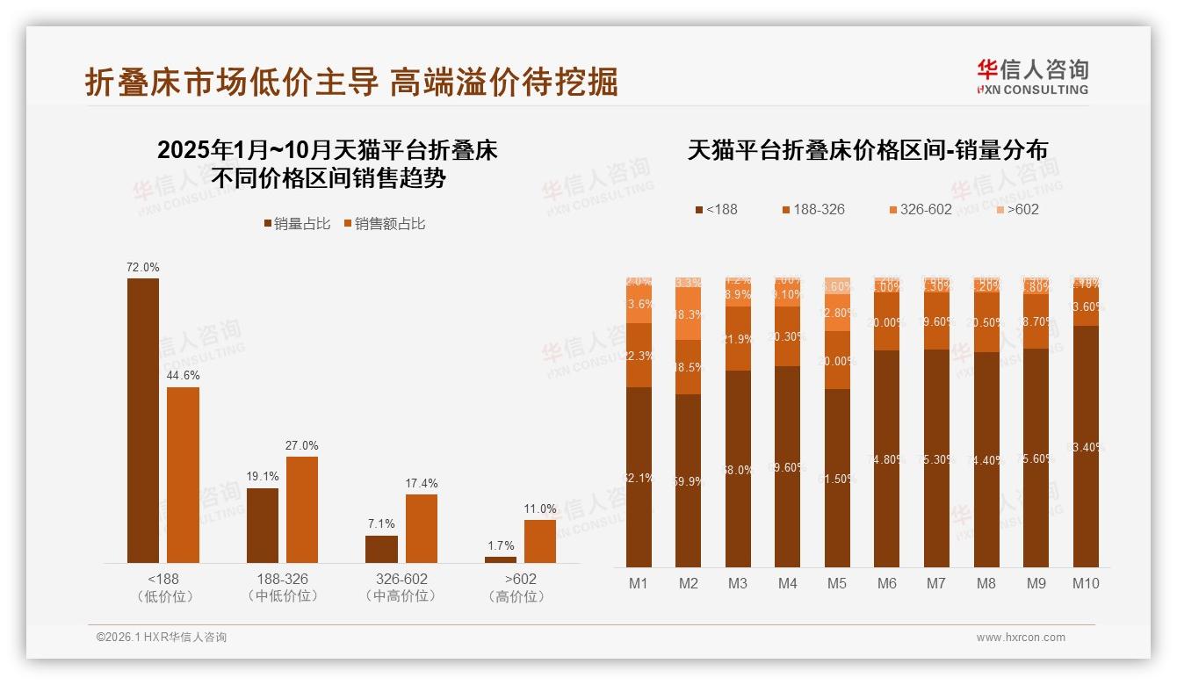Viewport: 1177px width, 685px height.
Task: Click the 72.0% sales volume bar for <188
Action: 143,421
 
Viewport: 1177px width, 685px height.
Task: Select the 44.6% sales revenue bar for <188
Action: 183,475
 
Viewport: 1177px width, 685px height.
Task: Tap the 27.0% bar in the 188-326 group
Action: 302,509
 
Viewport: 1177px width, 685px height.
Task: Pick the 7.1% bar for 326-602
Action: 381,549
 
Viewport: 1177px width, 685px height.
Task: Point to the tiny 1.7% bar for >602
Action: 501,559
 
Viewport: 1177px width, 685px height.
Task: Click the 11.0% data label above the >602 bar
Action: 540,508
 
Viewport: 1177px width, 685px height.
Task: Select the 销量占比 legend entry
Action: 297,224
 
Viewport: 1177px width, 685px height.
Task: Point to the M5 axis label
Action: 837,583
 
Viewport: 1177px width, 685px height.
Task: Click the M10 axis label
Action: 1086,583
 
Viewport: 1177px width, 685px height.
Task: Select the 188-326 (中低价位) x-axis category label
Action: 283,588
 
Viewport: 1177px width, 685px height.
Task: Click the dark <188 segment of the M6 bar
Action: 887,458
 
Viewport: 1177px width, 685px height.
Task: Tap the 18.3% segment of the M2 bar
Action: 689,315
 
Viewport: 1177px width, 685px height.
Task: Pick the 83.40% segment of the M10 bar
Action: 1086,446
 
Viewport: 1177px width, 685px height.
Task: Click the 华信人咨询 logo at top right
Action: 1032,76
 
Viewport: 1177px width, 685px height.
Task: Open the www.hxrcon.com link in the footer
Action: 1021,638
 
